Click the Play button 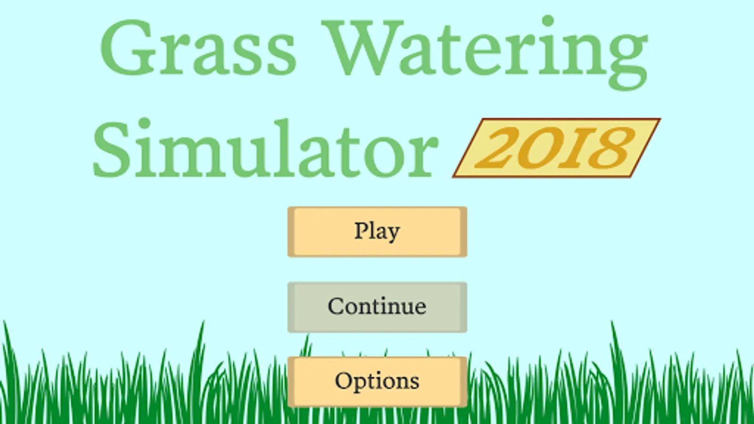377,232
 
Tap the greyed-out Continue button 377,307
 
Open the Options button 377,382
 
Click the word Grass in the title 198,48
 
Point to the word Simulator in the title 266,148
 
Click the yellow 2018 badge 557,148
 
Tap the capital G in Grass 128,48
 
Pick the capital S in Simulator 111,150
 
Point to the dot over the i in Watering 548,21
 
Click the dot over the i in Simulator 144,123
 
